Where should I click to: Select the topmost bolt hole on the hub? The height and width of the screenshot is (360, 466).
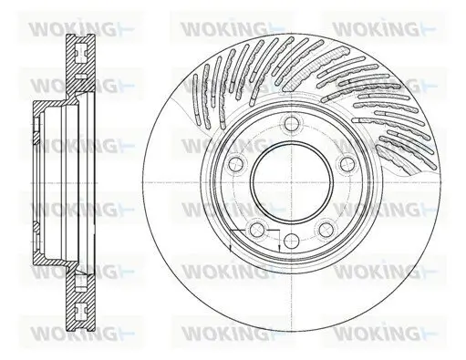pos(293,125)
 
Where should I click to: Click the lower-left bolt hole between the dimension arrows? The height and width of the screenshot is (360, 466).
pos(258,228)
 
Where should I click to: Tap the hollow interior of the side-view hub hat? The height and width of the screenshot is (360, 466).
pos(55,180)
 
